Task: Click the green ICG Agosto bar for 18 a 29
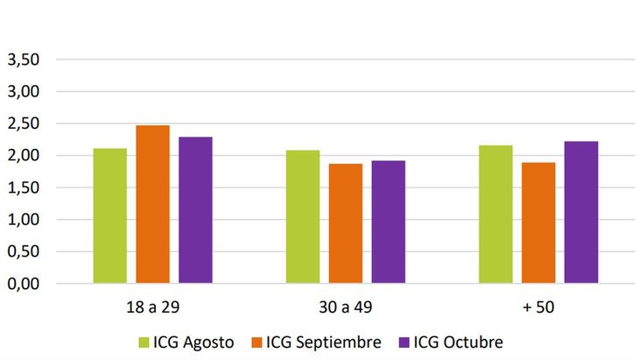(109, 215)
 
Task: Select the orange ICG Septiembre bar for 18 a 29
(152, 204)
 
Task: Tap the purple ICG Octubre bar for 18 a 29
(195, 210)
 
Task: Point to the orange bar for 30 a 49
(346, 223)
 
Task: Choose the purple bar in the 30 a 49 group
(389, 222)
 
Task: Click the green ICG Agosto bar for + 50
(495, 214)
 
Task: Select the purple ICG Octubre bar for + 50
(581, 212)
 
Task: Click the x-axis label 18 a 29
(152, 307)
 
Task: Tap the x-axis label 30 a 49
(345, 307)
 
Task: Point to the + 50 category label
(537, 307)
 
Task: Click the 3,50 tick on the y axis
(24, 60)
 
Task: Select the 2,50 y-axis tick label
(24, 124)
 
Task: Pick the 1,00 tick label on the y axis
(24, 220)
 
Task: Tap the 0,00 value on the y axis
(24, 284)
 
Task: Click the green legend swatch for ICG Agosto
(144, 342)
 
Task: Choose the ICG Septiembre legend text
(324, 342)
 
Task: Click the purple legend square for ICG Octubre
(404, 342)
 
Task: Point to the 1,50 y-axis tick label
(24, 187)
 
